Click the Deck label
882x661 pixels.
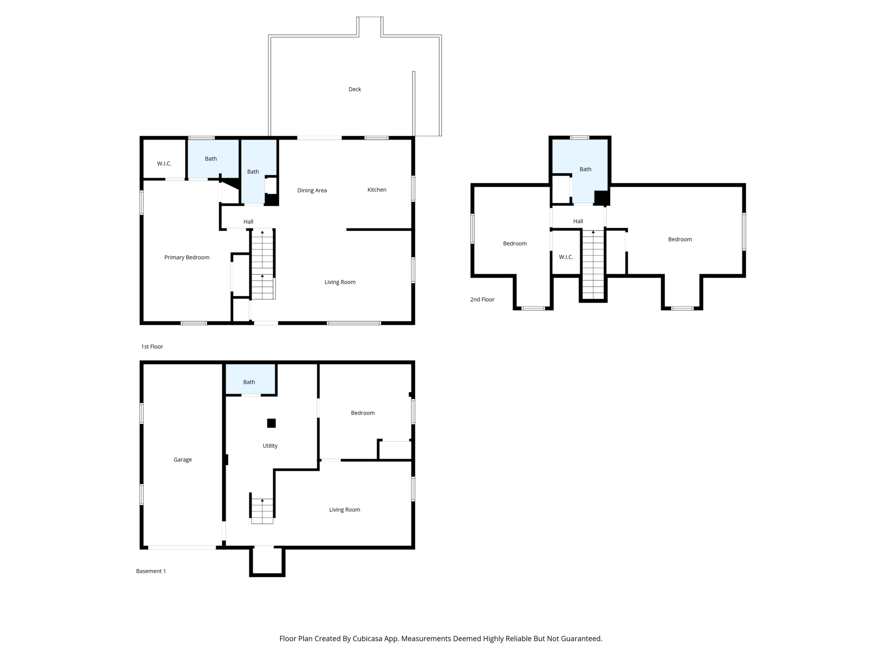[x=354, y=89]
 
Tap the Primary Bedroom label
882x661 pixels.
[x=187, y=257]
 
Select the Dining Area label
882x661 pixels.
[x=312, y=190]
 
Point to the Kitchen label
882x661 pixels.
[x=377, y=190]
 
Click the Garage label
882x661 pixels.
[x=183, y=460]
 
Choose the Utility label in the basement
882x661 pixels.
[x=270, y=446]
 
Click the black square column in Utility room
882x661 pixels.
[x=271, y=423]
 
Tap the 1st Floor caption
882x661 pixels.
[x=152, y=347]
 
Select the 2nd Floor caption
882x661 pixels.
[x=482, y=300]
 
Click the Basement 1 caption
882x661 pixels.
[x=151, y=571]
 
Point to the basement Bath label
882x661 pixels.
[x=249, y=382]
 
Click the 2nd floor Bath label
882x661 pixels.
[x=585, y=169]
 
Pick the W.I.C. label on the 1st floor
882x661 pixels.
[x=164, y=164]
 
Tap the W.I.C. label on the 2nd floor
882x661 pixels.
[x=566, y=257]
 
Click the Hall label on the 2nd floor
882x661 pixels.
[x=578, y=221]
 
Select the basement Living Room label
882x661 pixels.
[x=345, y=510]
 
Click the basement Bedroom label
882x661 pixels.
[x=363, y=413]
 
